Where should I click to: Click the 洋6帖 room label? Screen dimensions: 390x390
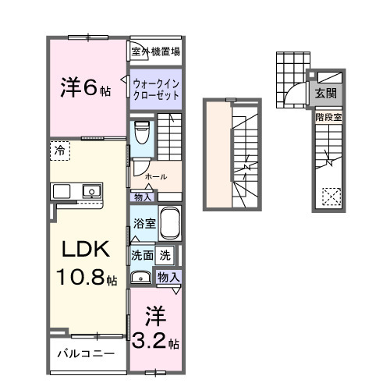(x=87, y=87)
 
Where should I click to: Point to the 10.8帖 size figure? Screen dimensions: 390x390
(x=86, y=277)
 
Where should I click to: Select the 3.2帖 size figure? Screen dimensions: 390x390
(x=154, y=341)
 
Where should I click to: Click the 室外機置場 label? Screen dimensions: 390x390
(x=156, y=52)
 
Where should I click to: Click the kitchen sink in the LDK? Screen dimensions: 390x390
(x=91, y=190)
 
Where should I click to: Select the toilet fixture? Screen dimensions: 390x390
(x=141, y=133)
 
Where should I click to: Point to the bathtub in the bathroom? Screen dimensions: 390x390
(x=169, y=225)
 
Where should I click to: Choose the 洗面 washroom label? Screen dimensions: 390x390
(x=141, y=254)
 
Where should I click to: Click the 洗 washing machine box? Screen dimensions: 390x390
(x=165, y=254)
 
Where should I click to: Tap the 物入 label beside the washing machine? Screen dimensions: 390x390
(x=168, y=276)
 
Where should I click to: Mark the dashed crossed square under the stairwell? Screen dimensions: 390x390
(x=331, y=197)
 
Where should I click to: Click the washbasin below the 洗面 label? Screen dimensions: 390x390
(x=141, y=276)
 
